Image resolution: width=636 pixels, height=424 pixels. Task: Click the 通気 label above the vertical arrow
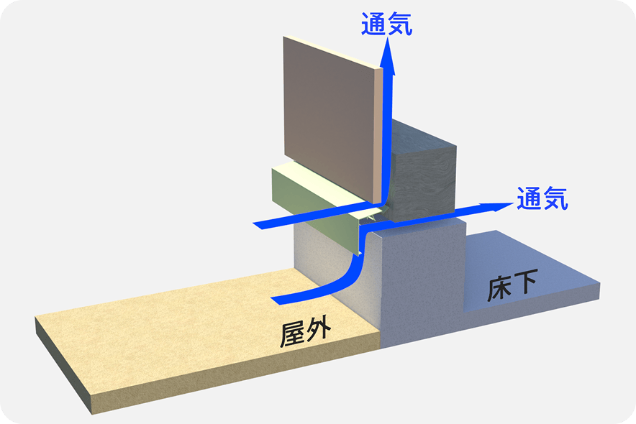(x=386, y=24)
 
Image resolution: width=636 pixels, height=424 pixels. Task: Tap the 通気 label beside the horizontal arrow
(x=542, y=198)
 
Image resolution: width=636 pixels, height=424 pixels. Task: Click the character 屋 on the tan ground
(x=294, y=334)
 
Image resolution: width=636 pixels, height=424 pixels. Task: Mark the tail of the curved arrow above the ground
(x=276, y=300)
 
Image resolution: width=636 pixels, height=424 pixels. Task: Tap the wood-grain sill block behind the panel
(x=422, y=174)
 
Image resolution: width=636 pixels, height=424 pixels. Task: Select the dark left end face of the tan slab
(x=63, y=364)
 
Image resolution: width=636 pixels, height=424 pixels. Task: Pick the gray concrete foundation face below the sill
(x=422, y=280)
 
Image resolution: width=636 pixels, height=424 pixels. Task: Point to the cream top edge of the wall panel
(x=332, y=52)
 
